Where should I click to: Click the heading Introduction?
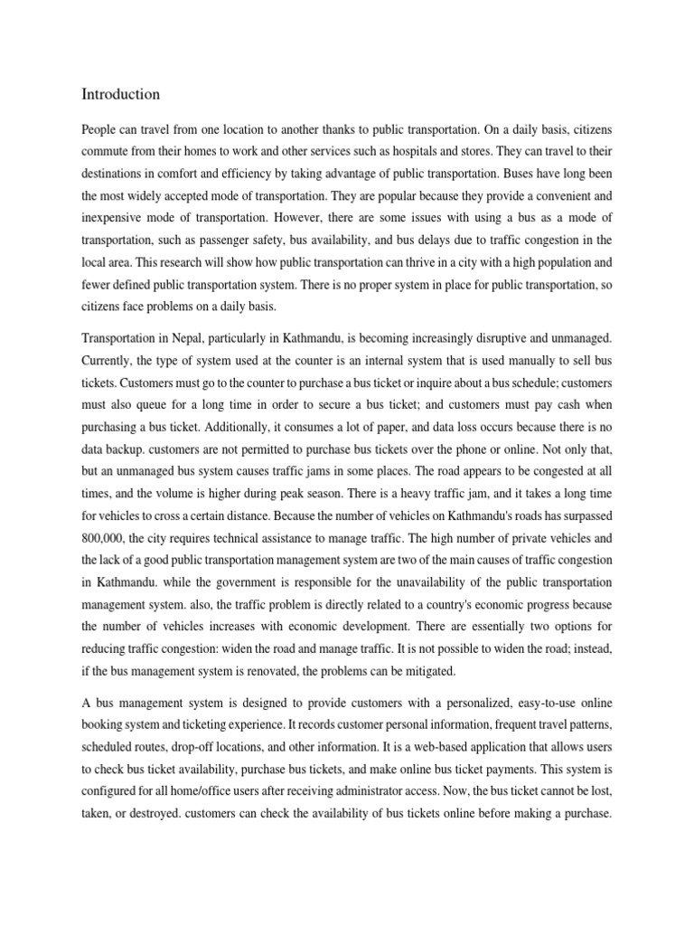(x=121, y=94)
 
